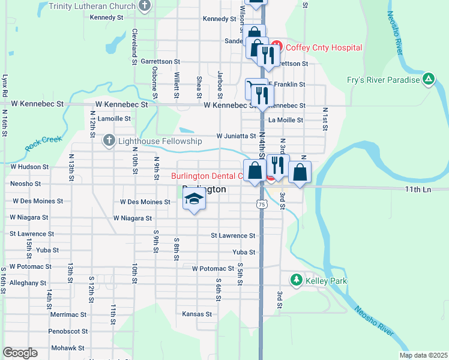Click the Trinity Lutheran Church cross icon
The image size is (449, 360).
point(143,6)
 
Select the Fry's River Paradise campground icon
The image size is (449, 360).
point(429,79)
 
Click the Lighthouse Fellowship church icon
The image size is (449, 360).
point(109,140)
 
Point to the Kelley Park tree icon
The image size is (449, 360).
point(296,280)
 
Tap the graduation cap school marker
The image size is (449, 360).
point(193,201)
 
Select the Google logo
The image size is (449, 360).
point(20,353)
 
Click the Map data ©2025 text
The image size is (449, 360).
point(423,355)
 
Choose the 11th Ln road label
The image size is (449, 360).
point(418,189)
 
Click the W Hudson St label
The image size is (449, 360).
point(29,167)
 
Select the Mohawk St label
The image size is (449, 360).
point(67,348)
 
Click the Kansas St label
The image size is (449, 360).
point(197,314)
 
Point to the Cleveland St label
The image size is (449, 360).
point(135,43)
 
